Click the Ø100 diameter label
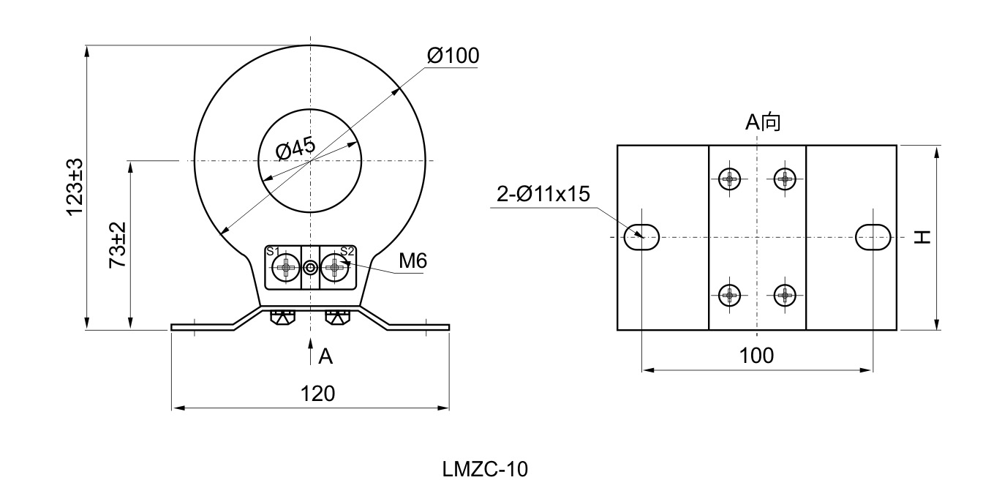click(x=453, y=56)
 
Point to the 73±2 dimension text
click(x=118, y=245)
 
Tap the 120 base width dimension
click(x=318, y=394)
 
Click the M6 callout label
click(x=413, y=261)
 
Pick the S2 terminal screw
click(x=335, y=269)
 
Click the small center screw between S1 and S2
click(x=311, y=269)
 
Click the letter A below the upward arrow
click(x=326, y=356)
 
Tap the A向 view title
click(x=763, y=123)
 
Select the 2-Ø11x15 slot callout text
click(x=543, y=193)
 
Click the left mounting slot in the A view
click(x=641, y=238)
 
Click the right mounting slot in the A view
click(x=873, y=238)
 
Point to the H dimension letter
click(x=924, y=237)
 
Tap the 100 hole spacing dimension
click(x=756, y=356)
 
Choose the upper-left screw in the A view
click(x=730, y=178)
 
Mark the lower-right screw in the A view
click(x=785, y=296)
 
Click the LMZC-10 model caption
click(x=484, y=469)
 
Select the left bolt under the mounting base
click(x=282, y=318)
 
